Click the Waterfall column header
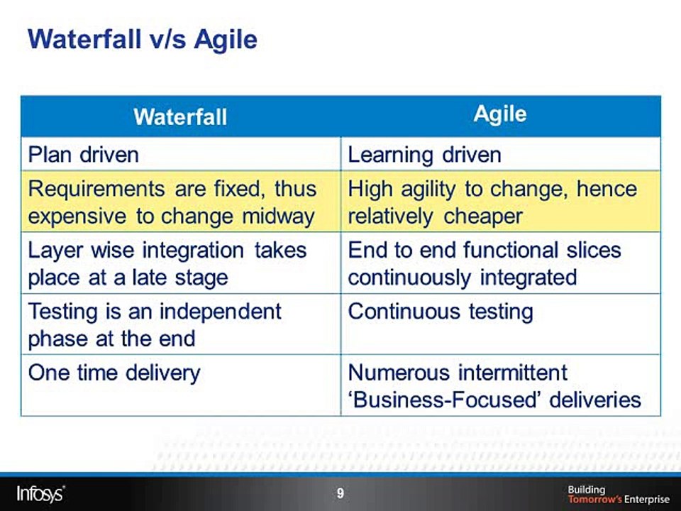180,116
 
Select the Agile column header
500,114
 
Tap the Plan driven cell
83,154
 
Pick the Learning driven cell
424,154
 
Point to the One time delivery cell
113,372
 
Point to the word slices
589,250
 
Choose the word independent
223,312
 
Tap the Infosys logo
40,492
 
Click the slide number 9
340,493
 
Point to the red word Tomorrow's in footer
594,499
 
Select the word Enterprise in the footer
646,499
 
